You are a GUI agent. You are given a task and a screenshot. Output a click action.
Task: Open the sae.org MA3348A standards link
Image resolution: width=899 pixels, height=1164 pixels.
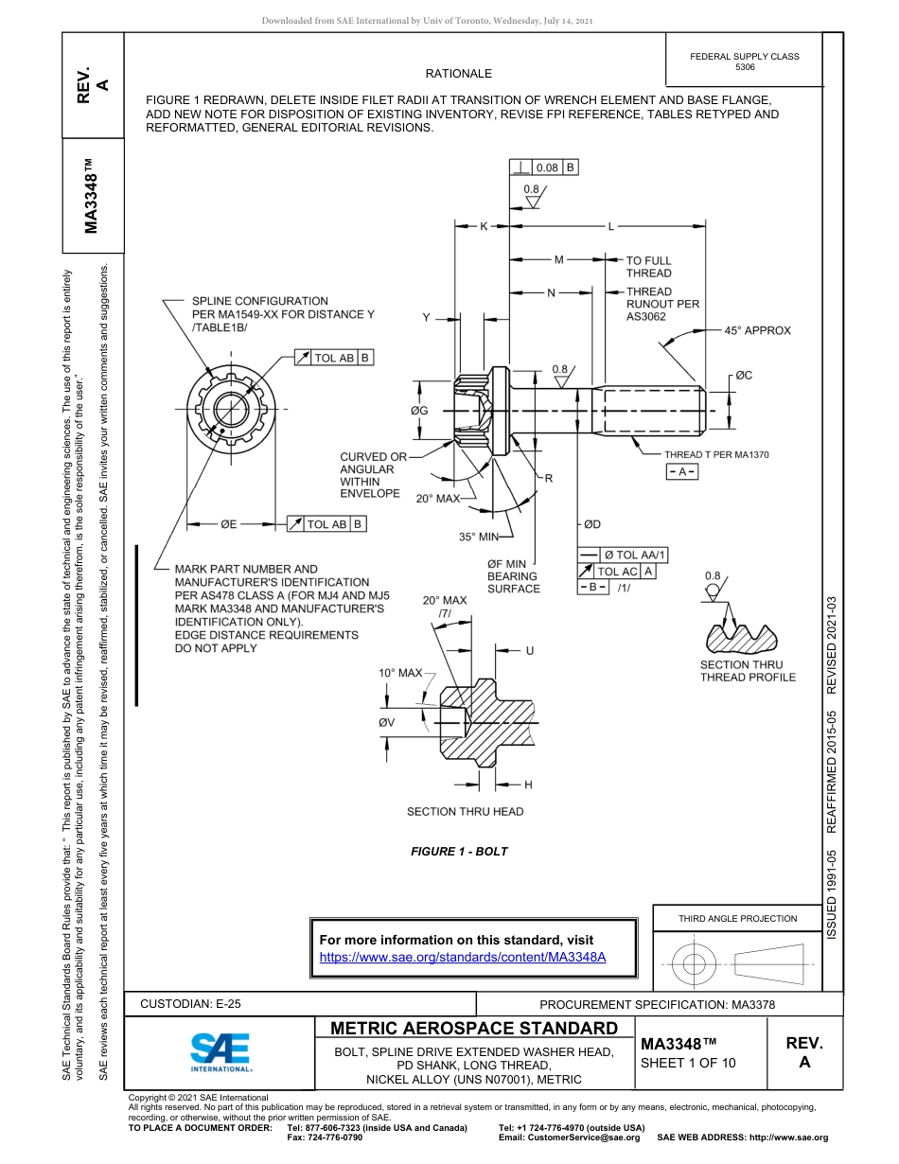click(462, 957)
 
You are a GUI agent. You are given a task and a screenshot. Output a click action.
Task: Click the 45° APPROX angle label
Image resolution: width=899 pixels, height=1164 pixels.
click(757, 330)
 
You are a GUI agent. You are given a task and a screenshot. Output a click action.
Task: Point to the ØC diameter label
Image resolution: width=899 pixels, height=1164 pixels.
click(744, 376)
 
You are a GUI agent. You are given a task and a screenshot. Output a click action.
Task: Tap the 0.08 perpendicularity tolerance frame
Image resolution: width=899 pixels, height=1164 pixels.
click(544, 168)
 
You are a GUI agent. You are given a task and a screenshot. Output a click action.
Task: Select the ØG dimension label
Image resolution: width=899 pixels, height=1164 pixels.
click(419, 411)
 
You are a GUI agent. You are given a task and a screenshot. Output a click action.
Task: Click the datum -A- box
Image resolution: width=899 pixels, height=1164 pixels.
click(682, 471)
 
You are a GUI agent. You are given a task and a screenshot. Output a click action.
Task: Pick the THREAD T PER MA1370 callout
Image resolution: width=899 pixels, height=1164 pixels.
click(716, 455)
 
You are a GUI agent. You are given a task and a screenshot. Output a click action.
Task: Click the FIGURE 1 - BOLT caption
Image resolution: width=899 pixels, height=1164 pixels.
click(459, 852)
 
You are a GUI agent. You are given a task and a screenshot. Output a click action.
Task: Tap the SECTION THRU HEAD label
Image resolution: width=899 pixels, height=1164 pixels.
click(465, 811)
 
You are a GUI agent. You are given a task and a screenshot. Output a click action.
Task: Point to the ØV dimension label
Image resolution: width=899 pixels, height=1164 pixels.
click(386, 722)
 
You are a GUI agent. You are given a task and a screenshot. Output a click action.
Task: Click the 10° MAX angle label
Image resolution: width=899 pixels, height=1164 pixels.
click(399, 673)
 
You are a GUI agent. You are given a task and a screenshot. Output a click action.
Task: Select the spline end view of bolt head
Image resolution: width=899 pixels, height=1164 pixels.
click(228, 410)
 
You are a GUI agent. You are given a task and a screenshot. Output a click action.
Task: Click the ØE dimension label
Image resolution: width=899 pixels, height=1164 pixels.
click(228, 523)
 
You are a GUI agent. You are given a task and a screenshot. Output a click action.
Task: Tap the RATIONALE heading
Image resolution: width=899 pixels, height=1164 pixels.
click(459, 74)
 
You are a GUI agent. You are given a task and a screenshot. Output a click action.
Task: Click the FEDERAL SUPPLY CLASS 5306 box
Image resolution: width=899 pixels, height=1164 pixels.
click(744, 62)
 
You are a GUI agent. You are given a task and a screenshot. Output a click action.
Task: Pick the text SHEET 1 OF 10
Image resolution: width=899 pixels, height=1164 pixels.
click(688, 1063)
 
